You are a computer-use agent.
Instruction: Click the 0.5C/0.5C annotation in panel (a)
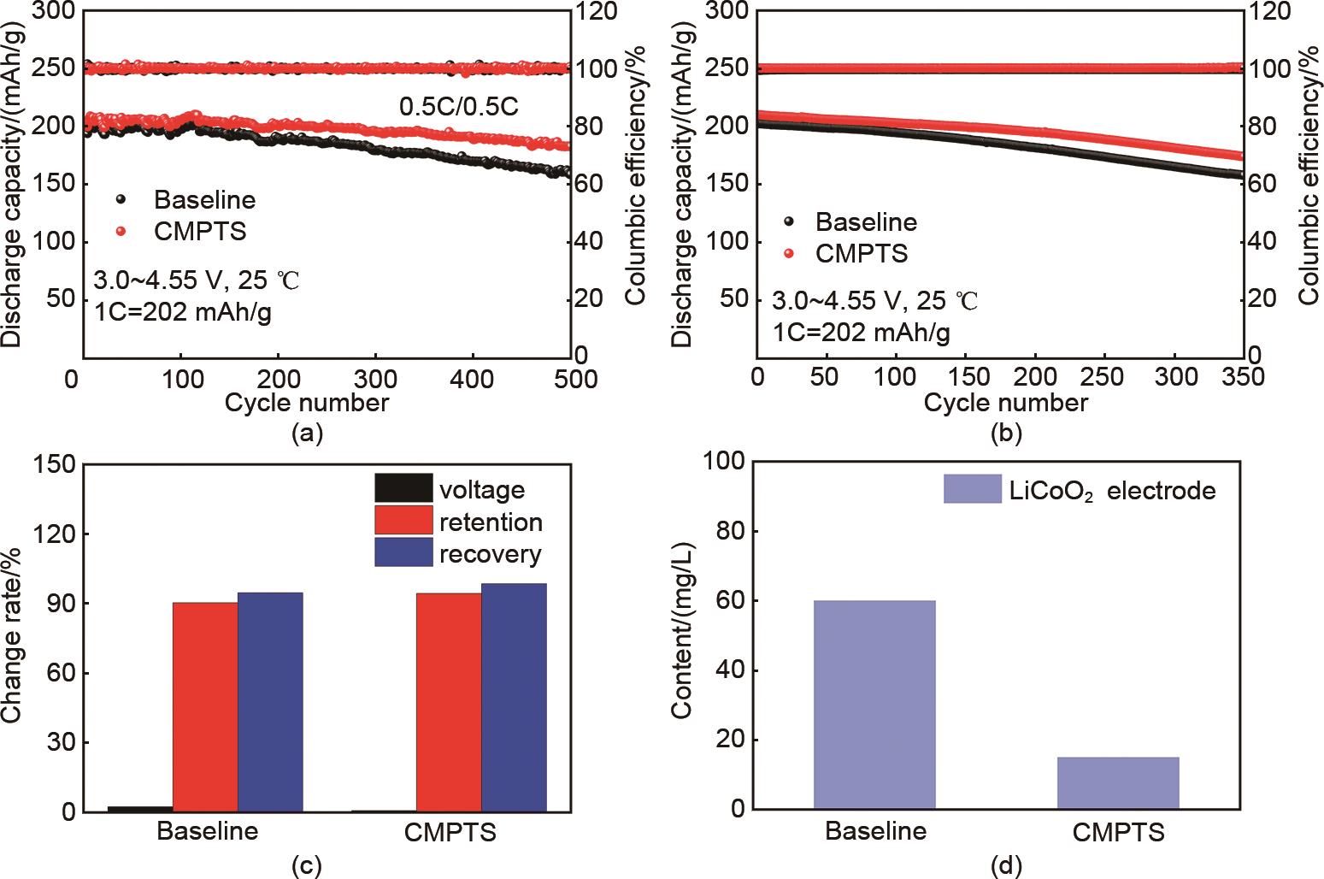[459, 107]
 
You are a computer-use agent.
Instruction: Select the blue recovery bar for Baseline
[270, 701]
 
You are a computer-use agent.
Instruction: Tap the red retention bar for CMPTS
[449, 701]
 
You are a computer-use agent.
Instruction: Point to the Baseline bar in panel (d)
[874, 705]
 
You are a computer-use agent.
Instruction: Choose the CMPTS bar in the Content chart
[1118, 782]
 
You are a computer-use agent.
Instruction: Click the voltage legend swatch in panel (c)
[403, 489]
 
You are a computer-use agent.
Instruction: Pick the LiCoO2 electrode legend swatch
[973, 490]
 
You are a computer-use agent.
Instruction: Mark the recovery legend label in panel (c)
[491, 554]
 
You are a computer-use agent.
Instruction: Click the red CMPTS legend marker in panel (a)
[121, 231]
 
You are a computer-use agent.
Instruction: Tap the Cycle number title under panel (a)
[308, 402]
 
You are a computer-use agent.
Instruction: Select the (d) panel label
[1005, 866]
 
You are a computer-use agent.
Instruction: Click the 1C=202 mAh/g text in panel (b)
[861, 332]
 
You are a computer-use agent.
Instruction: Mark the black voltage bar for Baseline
[140, 808]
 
